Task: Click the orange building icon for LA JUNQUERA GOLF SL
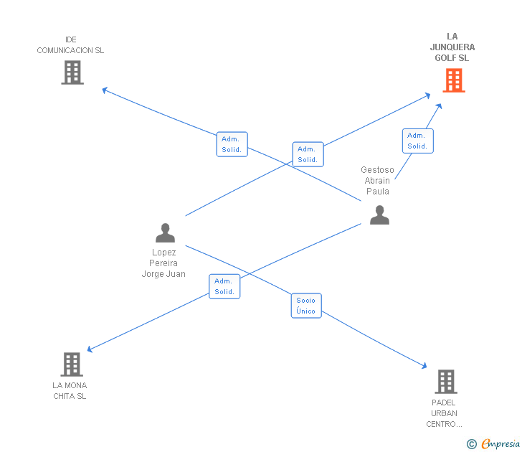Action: point(453,80)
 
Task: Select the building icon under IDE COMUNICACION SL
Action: point(72,72)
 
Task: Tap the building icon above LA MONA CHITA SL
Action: point(71,364)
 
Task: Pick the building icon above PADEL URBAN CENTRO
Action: point(446,382)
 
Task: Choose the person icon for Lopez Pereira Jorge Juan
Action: point(165,233)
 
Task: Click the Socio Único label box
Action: point(306,306)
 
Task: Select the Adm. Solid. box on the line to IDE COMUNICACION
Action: point(232,144)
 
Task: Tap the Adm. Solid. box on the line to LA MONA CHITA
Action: point(224,286)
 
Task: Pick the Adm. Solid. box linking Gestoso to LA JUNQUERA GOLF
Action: point(417,141)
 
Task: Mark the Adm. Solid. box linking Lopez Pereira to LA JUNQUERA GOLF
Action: point(308,154)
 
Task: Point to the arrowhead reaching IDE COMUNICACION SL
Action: point(105,90)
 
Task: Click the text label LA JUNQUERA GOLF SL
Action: point(452,47)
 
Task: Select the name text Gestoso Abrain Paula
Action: point(378,181)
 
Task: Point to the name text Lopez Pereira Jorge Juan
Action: point(163,263)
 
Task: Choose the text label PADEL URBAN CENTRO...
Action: point(445,413)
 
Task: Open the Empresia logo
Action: point(500,444)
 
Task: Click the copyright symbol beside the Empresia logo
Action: point(472,445)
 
